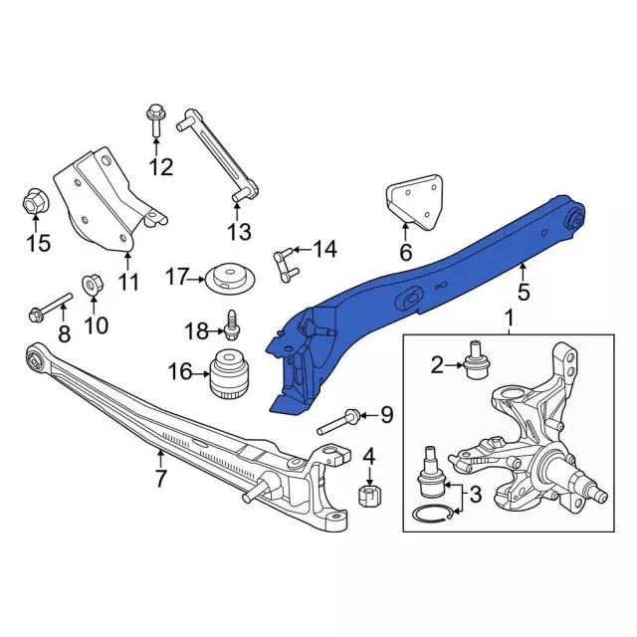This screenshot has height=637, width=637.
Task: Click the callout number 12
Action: click(x=161, y=166)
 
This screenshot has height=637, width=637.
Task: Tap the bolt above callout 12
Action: click(x=155, y=119)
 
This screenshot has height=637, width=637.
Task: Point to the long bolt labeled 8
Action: click(x=51, y=308)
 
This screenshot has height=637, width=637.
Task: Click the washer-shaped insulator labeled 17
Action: click(x=230, y=278)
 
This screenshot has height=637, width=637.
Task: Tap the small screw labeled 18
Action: click(x=231, y=331)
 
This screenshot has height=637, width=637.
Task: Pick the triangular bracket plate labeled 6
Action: click(x=414, y=201)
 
